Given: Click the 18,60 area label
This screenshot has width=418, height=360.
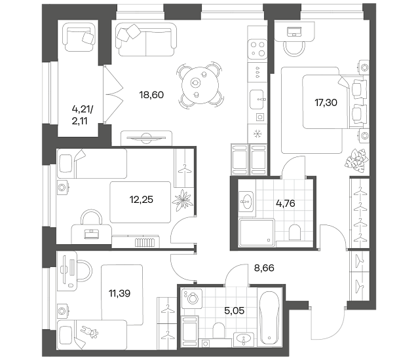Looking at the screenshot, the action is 151,95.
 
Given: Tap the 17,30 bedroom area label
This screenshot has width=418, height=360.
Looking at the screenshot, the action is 326,103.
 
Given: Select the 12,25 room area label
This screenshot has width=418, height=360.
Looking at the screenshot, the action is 142,200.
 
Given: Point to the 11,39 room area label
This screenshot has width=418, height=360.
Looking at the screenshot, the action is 119,293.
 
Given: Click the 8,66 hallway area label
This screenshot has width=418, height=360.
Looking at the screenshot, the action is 264,268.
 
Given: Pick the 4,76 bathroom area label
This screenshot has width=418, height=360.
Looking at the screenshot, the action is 286,204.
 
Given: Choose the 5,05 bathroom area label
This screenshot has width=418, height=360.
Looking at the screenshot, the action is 235,310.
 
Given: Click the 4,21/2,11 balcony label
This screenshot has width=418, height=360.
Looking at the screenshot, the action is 83,115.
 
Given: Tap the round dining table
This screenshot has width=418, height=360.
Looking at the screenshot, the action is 200,85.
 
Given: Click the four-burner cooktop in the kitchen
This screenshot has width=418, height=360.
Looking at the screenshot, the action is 257,49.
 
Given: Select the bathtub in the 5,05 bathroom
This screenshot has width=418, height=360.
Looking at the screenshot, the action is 269,318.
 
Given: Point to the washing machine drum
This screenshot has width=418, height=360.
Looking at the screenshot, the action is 192,298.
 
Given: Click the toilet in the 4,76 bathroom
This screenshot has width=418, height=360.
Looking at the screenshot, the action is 295,232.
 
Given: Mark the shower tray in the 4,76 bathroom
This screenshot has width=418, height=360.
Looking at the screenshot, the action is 257,232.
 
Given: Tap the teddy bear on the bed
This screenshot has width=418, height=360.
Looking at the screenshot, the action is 90,332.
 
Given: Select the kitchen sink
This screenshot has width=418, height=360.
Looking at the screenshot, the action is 257,99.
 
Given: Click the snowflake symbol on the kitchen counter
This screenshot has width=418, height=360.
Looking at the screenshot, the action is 257,134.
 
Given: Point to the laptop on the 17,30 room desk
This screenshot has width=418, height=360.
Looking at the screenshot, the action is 294,31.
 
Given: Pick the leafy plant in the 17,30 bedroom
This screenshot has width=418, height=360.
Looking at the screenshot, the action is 356,159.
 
